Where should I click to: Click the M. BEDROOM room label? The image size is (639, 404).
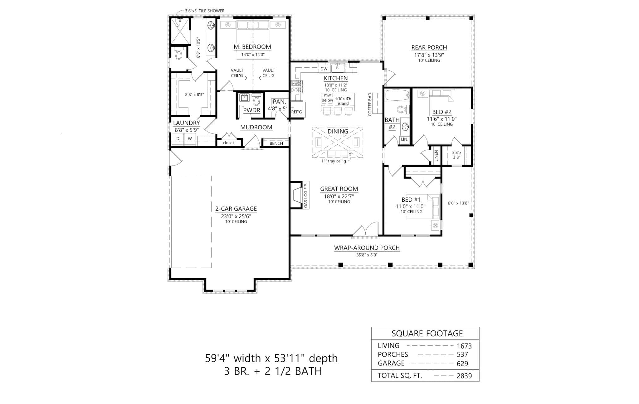(x=252, y=47)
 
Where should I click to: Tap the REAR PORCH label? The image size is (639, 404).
(x=429, y=47)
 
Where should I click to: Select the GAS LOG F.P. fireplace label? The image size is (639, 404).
(x=306, y=195)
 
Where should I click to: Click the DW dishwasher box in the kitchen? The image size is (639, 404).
(x=324, y=69)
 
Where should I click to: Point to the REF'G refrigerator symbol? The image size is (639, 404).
(x=297, y=112)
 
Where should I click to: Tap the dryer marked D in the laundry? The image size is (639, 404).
(x=178, y=139)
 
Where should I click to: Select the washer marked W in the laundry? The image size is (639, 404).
(x=190, y=139)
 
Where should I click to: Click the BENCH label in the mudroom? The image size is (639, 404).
(x=276, y=143)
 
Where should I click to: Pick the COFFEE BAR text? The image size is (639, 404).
(x=370, y=104)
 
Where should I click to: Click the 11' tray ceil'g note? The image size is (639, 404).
(x=334, y=161)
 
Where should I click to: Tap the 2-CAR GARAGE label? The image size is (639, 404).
(x=236, y=209)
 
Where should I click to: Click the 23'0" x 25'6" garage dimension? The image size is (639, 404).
(x=236, y=216)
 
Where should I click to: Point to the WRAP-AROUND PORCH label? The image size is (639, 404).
(x=367, y=248)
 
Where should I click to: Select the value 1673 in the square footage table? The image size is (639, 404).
(x=464, y=346)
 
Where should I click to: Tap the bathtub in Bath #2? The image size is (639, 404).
(x=397, y=95)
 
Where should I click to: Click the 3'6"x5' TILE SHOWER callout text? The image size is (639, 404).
(x=205, y=11)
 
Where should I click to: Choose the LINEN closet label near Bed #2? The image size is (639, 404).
(x=436, y=156)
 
